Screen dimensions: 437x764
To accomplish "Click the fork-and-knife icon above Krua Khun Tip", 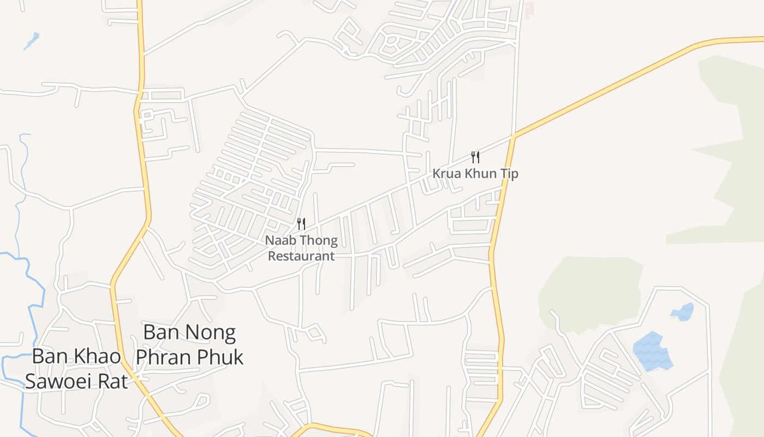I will click(x=475, y=157).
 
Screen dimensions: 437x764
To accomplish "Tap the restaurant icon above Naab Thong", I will click(x=301, y=223).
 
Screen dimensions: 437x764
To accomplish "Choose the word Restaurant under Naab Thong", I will click(x=301, y=256).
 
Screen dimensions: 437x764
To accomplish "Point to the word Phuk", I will click(x=223, y=357).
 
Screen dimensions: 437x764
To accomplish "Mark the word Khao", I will click(x=99, y=356).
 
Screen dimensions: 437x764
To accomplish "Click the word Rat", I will click(x=113, y=381).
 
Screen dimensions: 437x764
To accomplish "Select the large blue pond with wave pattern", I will click(x=652, y=351).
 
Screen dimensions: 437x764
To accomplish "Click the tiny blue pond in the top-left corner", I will click(x=32, y=40).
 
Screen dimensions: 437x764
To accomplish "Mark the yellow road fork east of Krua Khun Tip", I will click(x=514, y=135).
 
